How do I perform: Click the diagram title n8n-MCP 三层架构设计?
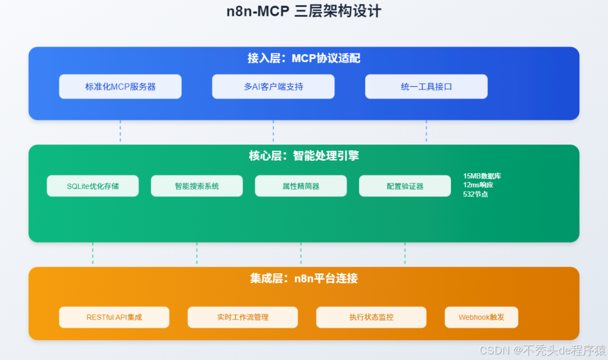304,11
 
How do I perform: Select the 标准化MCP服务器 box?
120,87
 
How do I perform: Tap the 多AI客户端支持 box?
273,87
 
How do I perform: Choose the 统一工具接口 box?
426,87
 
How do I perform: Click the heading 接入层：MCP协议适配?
304,58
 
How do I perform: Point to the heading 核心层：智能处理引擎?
304,156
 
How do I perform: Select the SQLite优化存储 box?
93,186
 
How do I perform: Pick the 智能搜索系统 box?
197,186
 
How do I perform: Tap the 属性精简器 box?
301,186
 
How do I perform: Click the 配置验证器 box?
405,186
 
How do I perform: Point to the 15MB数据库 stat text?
482,176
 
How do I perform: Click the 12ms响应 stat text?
478,184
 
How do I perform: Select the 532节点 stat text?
476,194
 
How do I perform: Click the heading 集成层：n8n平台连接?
304,278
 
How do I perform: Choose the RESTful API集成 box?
114,317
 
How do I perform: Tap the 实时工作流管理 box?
243,317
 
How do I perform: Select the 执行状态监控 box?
371,317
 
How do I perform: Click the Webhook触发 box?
481,317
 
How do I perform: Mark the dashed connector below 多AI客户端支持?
273,132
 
